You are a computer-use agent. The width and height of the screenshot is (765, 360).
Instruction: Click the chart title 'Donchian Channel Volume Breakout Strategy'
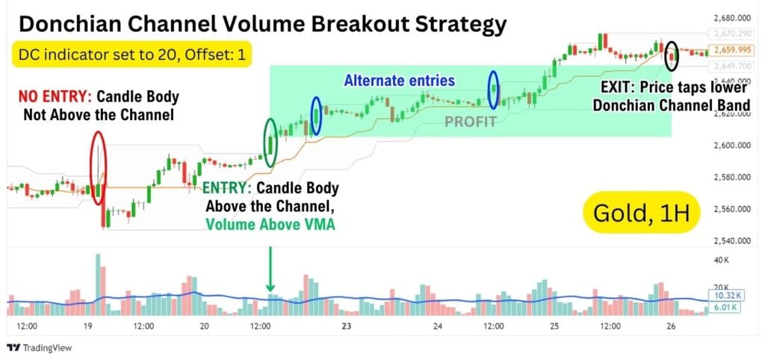coord(261,24)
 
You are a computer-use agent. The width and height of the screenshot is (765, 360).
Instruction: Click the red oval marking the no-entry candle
coord(99,168)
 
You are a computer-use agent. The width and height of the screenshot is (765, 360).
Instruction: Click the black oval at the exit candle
coord(672,51)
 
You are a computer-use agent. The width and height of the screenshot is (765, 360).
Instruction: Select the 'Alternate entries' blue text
coord(399,80)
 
